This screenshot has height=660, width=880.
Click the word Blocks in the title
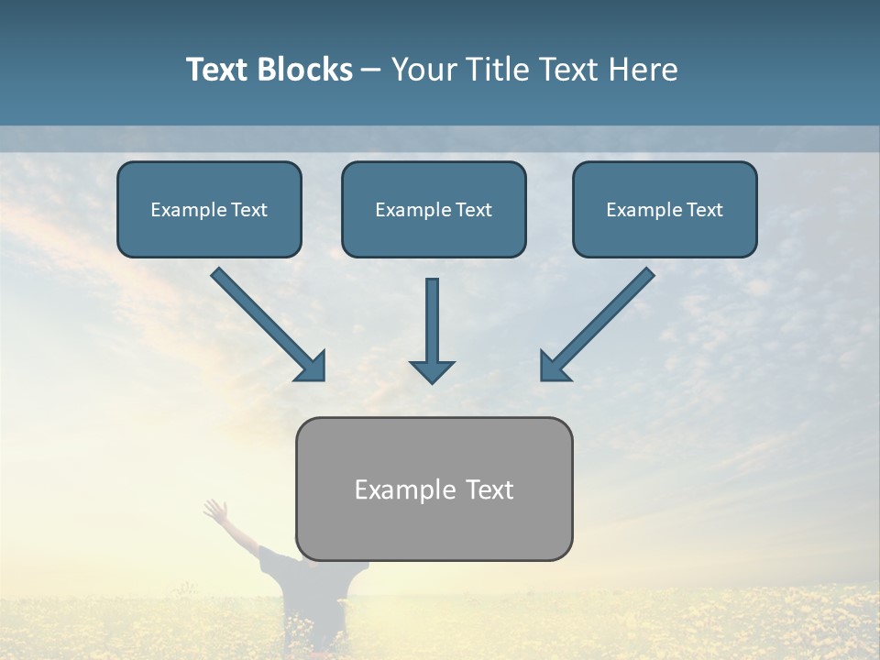pos(307,70)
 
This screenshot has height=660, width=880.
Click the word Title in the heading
pos(493,70)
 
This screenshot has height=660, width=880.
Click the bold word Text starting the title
pos(220,70)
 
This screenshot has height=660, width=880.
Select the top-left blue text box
pos(209,209)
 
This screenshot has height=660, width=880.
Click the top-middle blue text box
pos(434,209)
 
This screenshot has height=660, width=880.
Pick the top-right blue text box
pos(665,209)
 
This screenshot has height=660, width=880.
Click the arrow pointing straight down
pos(432,330)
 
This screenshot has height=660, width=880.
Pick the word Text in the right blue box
pos(703,210)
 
